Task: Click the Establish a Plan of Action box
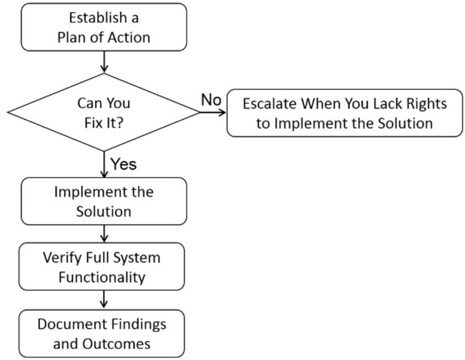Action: coord(104,27)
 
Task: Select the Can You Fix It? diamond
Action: coord(104,112)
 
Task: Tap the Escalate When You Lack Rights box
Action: coord(345,113)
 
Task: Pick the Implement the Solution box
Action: coord(104,201)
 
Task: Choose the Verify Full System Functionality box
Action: coord(102,266)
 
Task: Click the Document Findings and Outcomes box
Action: coord(102,333)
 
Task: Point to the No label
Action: coord(211,100)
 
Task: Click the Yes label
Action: coord(124,164)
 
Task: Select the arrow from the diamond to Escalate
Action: coord(213,112)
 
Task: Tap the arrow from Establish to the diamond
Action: coord(104,62)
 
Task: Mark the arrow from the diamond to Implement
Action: coord(104,165)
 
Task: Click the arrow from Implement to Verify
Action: coord(104,234)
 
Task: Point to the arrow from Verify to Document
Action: coord(104,299)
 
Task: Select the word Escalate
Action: coord(269,104)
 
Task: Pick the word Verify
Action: coord(62,258)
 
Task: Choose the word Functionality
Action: coord(102,278)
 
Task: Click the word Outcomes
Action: coord(116,344)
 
